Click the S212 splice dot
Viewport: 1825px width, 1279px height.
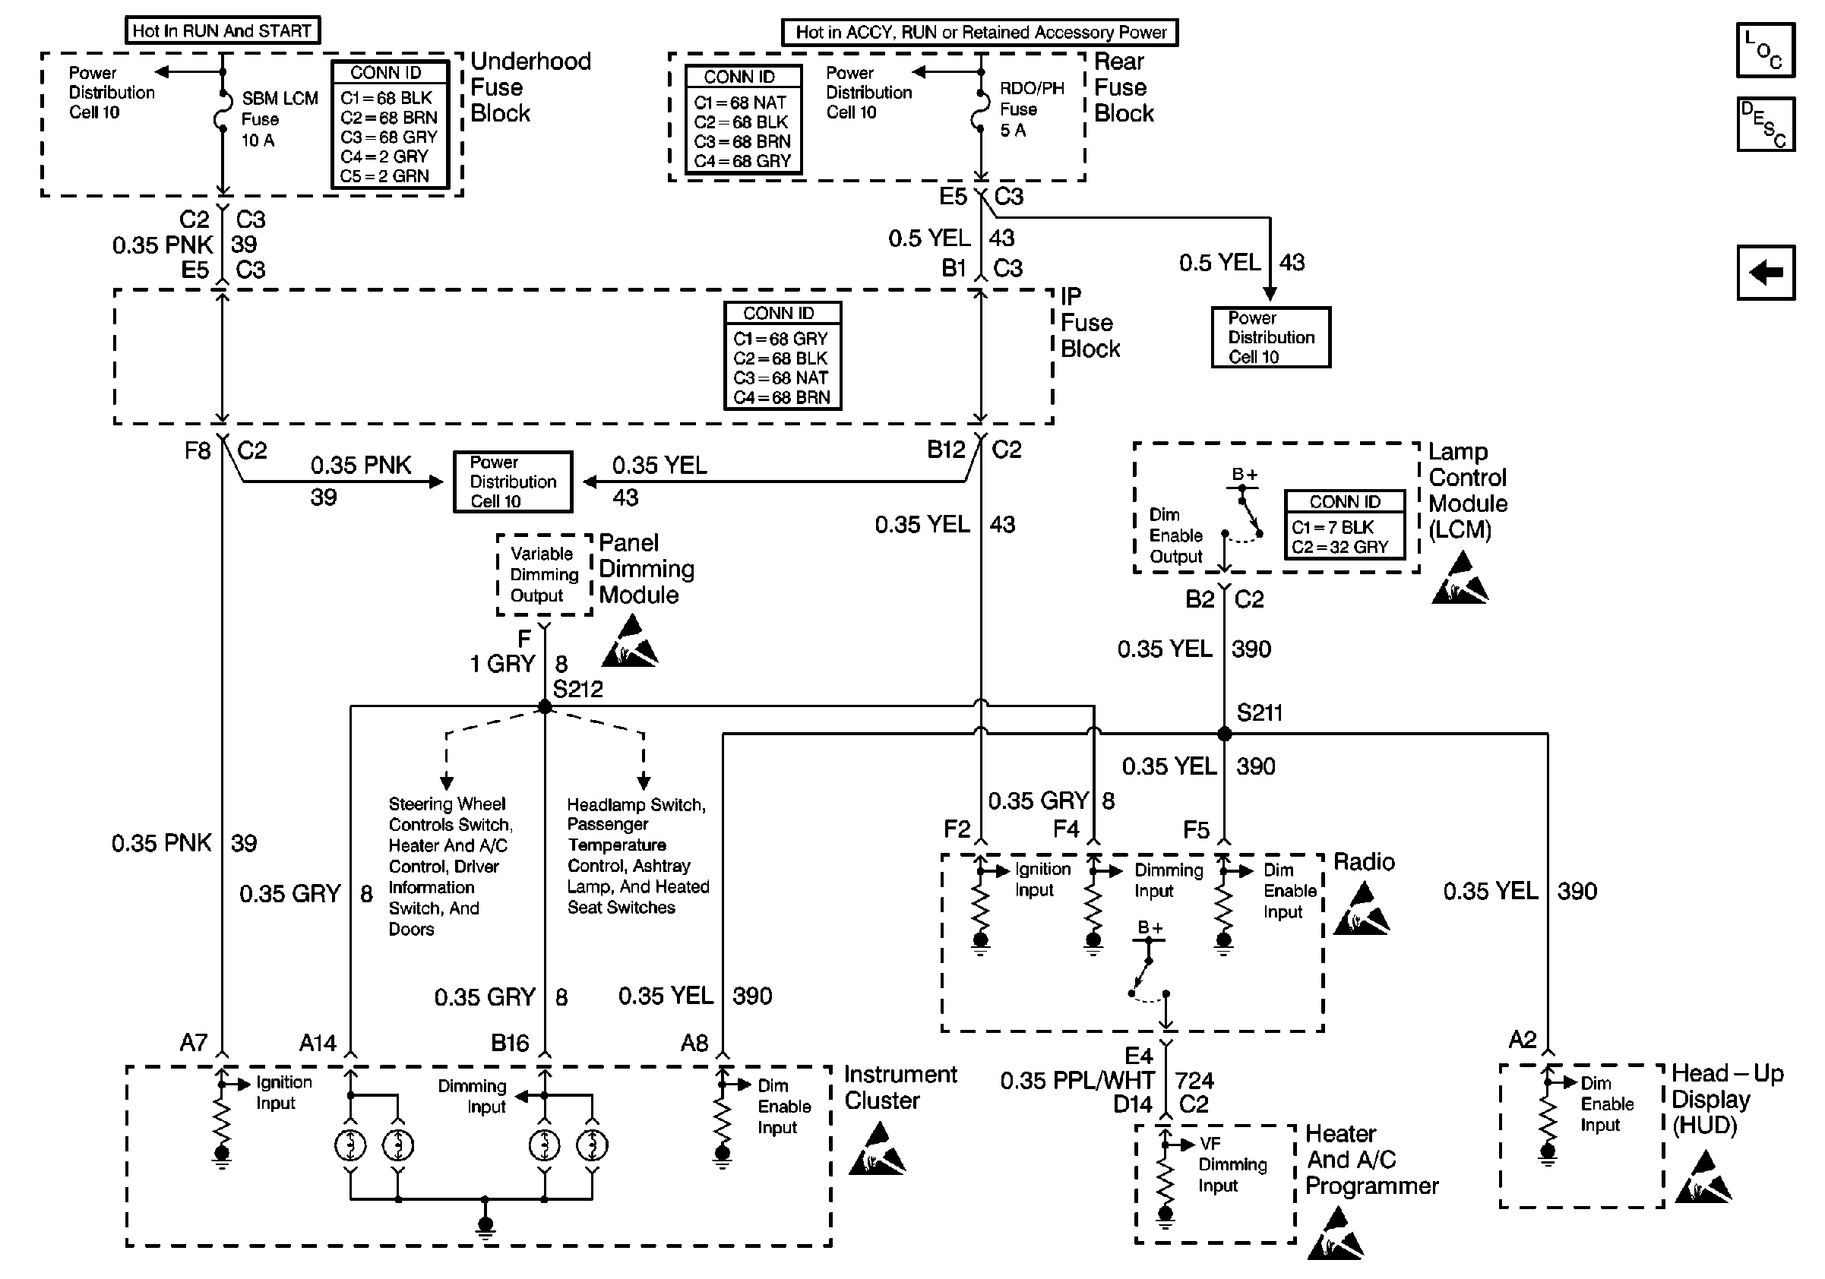(x=545, y=706)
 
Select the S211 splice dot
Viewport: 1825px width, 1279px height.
(x=1224, y=734)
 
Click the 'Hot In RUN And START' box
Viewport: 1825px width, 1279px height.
(x=223, y=31)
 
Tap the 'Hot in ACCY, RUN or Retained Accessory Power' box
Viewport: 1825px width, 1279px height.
(x=980, y=33)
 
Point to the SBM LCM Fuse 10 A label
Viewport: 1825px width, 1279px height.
(x=280, y=119)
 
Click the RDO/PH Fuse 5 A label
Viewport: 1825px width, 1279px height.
(x=1031, y=109)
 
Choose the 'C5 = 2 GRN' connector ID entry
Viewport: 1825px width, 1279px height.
(x=384, y=176)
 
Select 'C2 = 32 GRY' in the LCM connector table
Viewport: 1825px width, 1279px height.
(x=1340, y=548)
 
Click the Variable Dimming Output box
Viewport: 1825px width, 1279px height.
(x=545, y=574)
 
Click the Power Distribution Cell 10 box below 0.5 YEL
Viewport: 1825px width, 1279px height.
(x=1270, y=336)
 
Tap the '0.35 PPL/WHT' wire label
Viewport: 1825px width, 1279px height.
(x=1077, y=1081)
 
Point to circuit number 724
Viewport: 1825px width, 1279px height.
(x=1194, y=1081)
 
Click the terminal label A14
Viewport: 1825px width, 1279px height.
(x=318, y=1042)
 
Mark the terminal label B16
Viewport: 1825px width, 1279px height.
(x=510, y=1042)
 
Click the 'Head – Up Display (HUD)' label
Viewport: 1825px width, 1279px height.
(x=1727, y=1100)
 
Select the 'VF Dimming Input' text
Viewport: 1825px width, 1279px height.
(x=1233, y=1164)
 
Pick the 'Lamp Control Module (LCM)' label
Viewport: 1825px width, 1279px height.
(x=1467, y=490)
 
